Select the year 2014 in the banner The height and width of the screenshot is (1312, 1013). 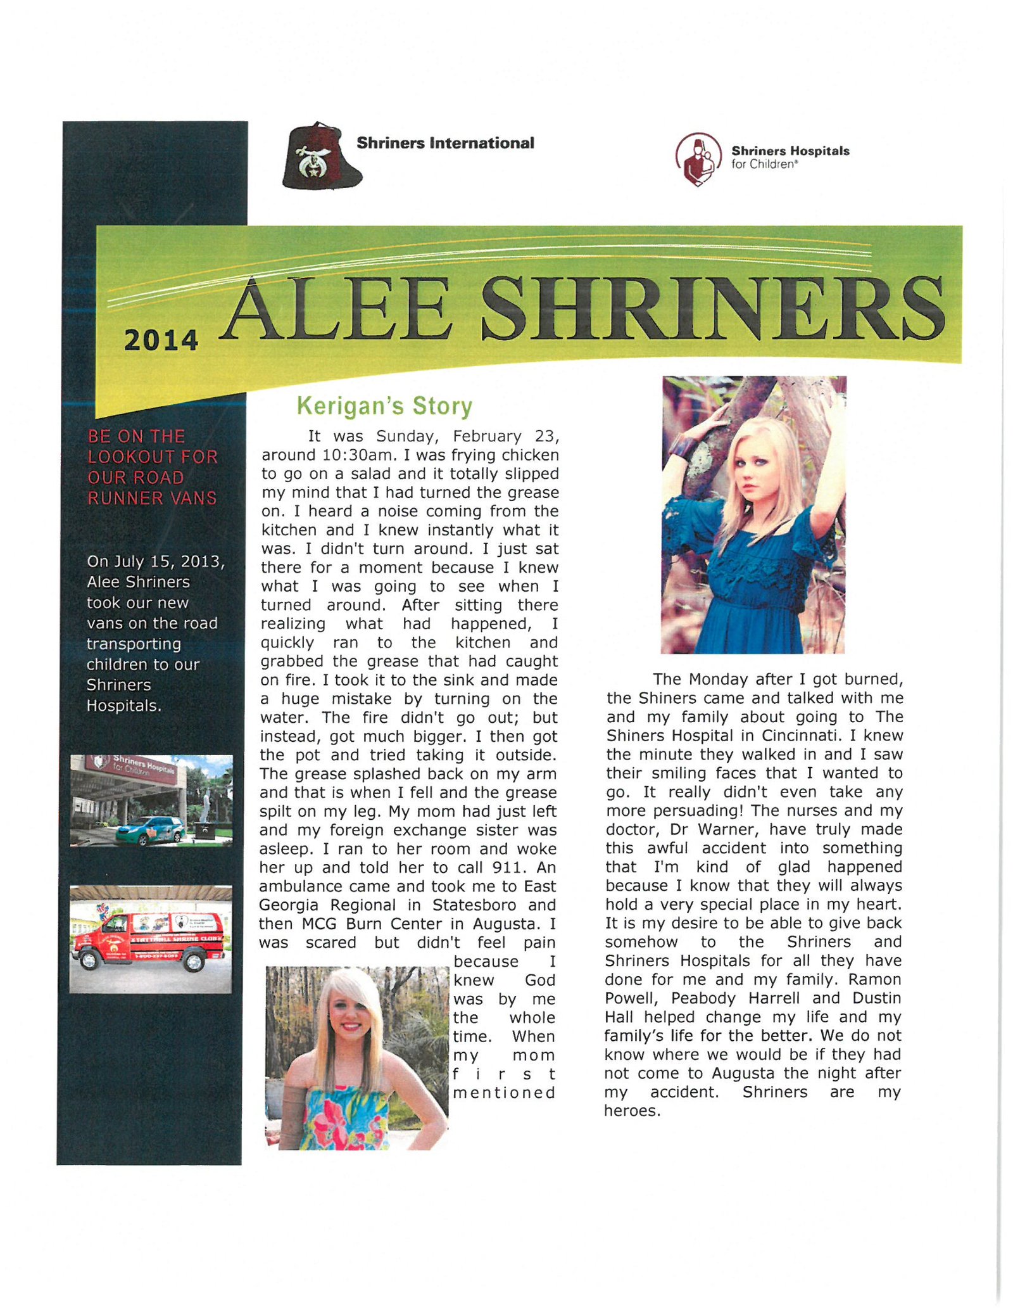click(161, 340)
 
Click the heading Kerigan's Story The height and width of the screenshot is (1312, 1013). click(384, 406)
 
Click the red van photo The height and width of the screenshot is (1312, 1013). click(150, 938)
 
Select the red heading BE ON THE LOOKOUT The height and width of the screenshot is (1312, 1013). click(152, 467)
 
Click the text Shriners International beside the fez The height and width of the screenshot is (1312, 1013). click(445, 143)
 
